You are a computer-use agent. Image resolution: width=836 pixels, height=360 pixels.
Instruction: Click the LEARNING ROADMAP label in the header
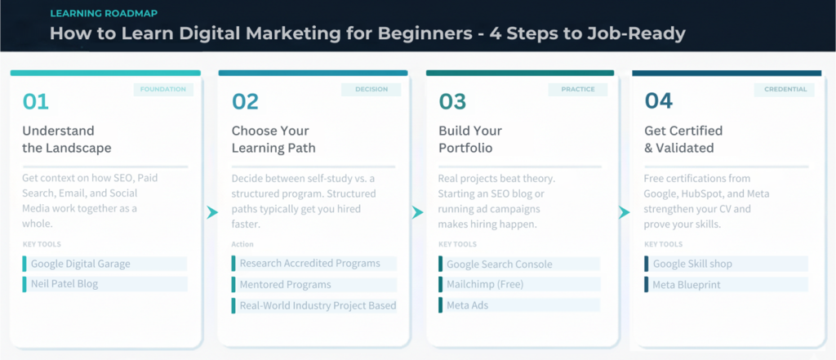[x=104, y=13]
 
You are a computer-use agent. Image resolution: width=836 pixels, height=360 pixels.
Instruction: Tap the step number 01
[x=36, y=101]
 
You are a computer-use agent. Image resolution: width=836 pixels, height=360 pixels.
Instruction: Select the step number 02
[x=245, y=101]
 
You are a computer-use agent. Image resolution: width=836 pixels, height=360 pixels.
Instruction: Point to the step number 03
[x=452, y=101]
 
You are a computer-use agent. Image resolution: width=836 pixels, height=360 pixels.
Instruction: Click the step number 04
[x=659, y=101]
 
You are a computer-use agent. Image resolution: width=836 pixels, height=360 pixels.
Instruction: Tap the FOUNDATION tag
[x=163, y=90]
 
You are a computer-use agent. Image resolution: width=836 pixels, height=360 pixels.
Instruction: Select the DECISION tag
[x=371, y=90]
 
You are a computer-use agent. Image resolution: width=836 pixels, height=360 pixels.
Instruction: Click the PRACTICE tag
[x=578, y=90]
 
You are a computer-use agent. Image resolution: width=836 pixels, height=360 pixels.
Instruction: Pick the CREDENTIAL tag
[x=785, y=90]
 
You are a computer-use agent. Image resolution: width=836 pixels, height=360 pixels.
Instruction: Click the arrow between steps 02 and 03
[x=417, y=213]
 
